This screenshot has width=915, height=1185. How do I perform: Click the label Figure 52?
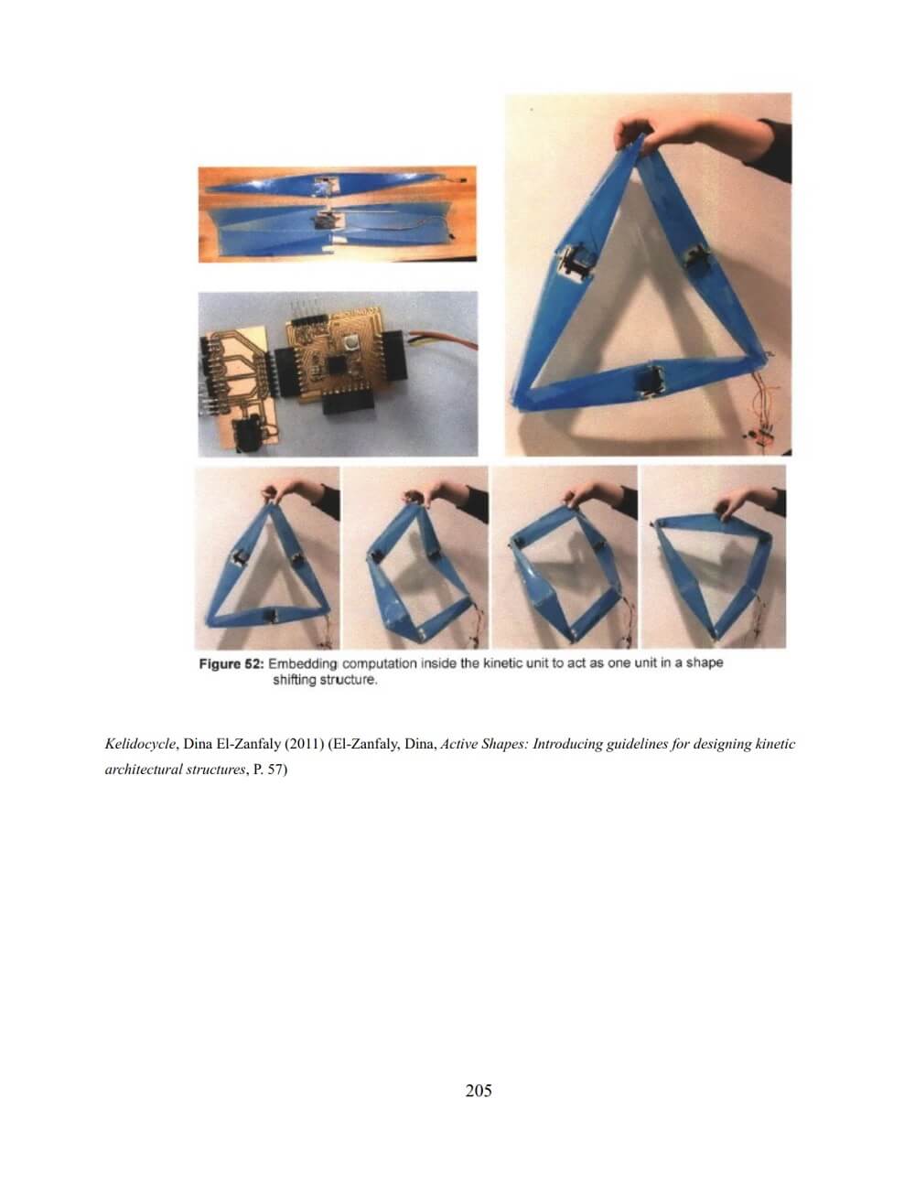[231, 664]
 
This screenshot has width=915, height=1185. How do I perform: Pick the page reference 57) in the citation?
[277, 770]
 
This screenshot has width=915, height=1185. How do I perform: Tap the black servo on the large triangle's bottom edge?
[651, 379]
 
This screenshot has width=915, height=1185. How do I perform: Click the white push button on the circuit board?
[351, 342]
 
